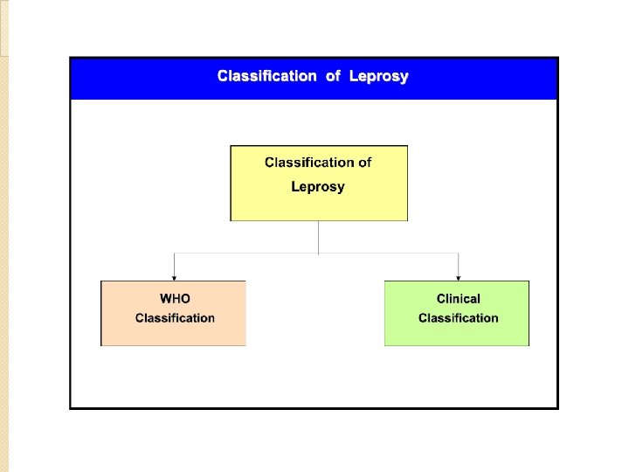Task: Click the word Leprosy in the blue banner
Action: click(x=378, y=76)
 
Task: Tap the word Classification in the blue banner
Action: click(x=266, y=76)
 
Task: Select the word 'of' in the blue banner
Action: click(x=333, y=76)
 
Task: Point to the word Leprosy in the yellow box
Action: click(x=318, y=186)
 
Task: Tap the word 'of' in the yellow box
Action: click(x=364, y=162)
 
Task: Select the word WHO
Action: click(x=175, y=299)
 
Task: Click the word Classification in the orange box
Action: click(x=175, y=318)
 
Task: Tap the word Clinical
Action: click(x=459, y=299)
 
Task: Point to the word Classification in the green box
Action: click(x=459, y=318)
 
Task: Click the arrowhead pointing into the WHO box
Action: click(x=175, y=277)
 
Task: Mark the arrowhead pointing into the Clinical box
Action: click(x=459, y=277)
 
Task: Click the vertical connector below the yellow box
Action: click(x=319, y=237)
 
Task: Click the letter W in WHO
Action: click(x=164, y=299)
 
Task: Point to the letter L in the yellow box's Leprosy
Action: click(x=295, y=186)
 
